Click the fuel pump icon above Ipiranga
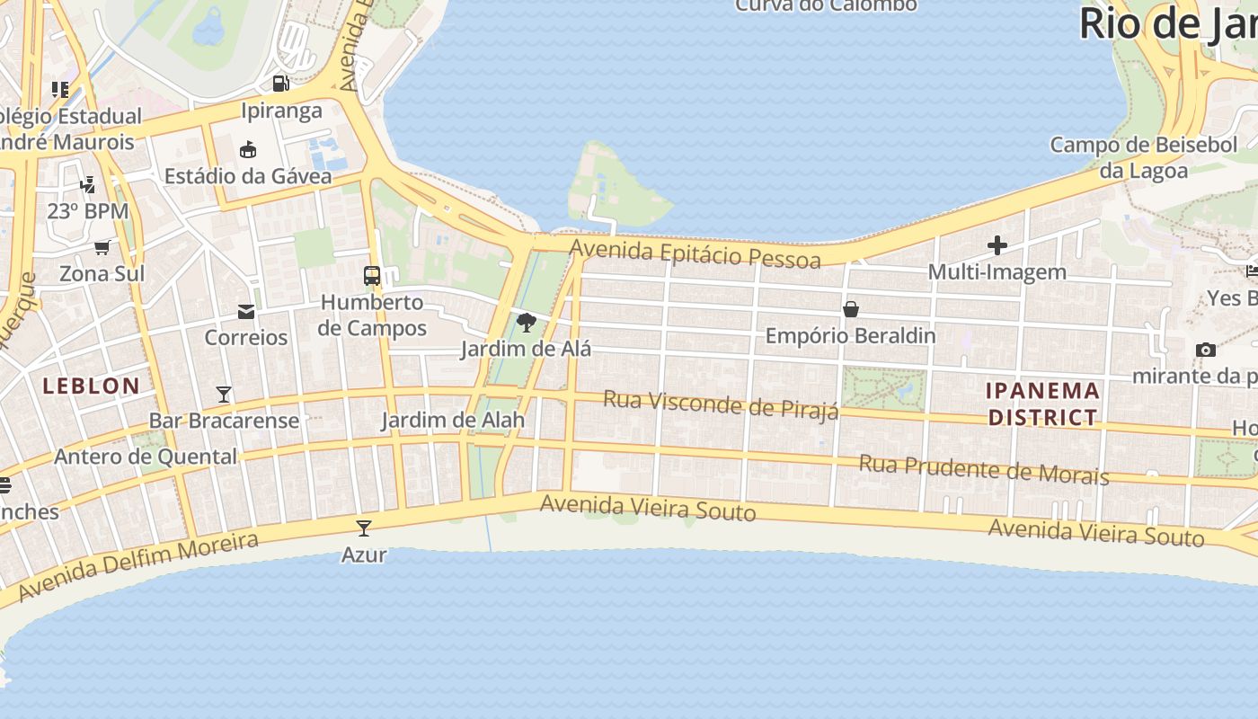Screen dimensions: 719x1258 [x=281, y=84]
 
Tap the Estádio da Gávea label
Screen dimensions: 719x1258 [x=248, y=176]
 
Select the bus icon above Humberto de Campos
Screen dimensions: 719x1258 [x=371, y=276]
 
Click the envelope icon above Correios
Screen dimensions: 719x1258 [x=245, y=312]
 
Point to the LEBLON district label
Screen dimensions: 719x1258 [x=92, y=386]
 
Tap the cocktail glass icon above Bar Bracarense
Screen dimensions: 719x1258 [x=224, y=394]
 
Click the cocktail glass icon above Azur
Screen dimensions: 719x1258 [x=364, y=528]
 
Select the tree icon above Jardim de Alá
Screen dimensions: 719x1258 [x=527, y=323]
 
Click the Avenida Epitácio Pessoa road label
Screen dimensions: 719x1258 [x=695, y=253]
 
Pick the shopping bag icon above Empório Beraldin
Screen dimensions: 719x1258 [x=850, y=310]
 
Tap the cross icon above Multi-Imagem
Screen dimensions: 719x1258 [x=997, y=245]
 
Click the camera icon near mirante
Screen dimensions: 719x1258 [x=1205, y=350]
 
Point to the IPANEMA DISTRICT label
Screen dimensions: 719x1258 [x=1042, y=404]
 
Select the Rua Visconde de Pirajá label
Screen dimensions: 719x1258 [x=721, y=404]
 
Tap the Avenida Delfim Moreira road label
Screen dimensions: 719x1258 [x=138, y=566]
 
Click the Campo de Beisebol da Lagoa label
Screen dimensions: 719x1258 [x=1144, y=157]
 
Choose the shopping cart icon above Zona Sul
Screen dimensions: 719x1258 [x=102, y=247]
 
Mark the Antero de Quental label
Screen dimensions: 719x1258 [x=146, y=457]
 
